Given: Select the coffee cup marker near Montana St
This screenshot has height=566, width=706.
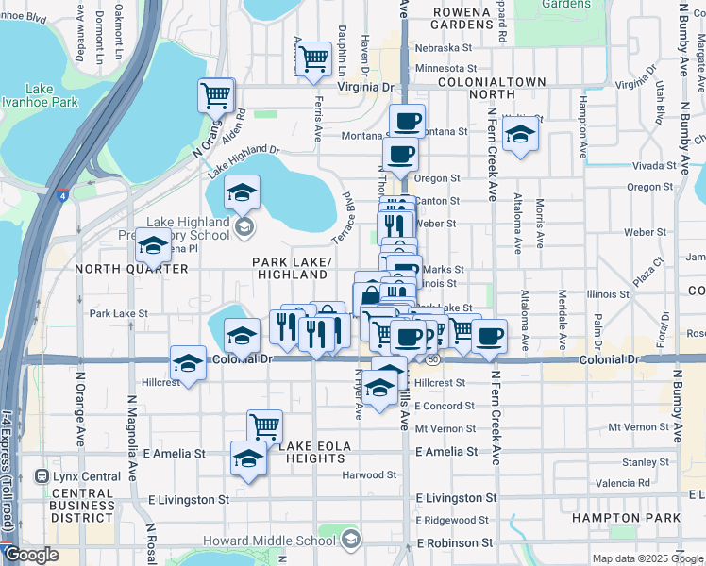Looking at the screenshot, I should (408, 121).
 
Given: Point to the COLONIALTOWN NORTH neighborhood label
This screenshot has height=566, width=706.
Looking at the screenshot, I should (492, 89).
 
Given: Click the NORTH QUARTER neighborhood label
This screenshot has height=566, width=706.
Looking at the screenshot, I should (118, 269).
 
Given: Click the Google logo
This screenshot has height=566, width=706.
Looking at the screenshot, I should (31, 556).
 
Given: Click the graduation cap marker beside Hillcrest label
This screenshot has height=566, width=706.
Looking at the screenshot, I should (188, 363).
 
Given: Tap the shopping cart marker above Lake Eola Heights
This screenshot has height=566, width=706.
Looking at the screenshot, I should (265, 426).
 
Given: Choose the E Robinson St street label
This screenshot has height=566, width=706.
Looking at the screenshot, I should (455, 542).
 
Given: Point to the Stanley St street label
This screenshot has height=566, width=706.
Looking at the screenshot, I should (639, 462).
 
